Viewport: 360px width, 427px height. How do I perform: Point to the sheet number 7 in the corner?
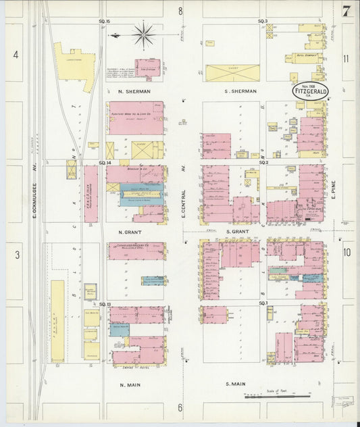click(346, 11)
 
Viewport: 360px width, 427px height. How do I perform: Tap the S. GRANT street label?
click(238, 231)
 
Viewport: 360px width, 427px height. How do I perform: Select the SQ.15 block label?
click(104, 22)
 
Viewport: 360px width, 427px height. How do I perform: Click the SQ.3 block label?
click(263, 22)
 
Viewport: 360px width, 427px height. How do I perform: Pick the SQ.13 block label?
click(105, 304)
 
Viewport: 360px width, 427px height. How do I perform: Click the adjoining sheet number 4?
click(15, 54)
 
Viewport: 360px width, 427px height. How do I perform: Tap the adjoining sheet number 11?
click(346, 59)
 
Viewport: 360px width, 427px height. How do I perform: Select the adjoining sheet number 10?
click(346, 252)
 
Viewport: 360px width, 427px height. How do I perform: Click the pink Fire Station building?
click(148, 68)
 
